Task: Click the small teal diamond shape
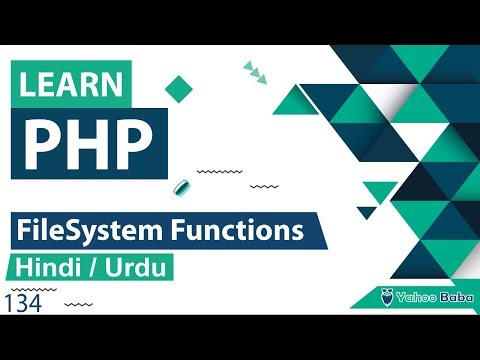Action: click(x=179, y=88)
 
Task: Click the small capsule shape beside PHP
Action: click(x=183, y=188)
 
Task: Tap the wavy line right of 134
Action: click(x=84, y=303)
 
